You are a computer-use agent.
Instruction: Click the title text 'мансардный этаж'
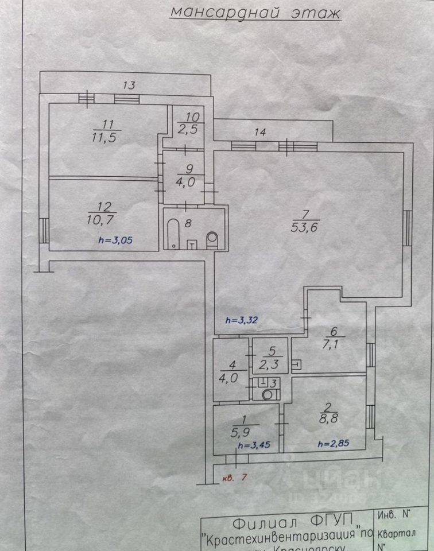pos(255,12)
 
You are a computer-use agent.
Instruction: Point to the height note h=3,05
pos(115,241)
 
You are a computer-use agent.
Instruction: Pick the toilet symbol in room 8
pos(212,239)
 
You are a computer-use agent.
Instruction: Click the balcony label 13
pos(129,86)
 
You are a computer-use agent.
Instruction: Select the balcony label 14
pos(260,132)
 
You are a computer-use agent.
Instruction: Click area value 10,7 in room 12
pos(105,219)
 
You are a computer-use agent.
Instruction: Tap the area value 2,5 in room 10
pos(188,129)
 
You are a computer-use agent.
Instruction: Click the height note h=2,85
pos(332,443)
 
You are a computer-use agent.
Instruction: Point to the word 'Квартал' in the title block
pos(397,534)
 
